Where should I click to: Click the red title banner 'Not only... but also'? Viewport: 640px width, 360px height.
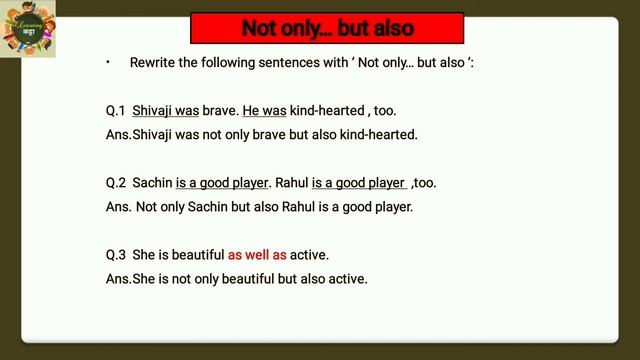click(327, 28)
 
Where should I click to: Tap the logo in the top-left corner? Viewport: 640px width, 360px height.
click(28, 28)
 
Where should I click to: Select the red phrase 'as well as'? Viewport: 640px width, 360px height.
click(257, 255)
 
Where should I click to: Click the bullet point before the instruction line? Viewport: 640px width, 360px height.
click(108, 62)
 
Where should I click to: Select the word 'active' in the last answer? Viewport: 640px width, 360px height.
click(348, 279)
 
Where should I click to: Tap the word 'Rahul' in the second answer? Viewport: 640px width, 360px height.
click(296, 207)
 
